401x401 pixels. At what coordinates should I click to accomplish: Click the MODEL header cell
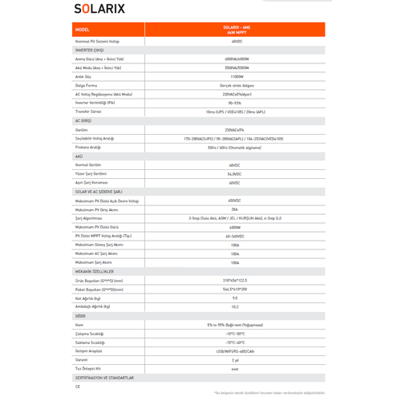point(83,29)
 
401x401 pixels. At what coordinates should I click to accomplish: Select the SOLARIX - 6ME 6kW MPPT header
point(234,29)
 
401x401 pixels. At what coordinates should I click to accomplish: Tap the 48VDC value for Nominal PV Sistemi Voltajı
point(234,41)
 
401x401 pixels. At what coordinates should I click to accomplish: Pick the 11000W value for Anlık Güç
point(234,76)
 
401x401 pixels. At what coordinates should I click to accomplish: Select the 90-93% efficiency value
point(234,103)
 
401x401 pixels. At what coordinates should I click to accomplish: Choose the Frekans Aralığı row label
point(87,147)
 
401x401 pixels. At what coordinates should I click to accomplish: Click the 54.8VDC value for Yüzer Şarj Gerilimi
point(234,173)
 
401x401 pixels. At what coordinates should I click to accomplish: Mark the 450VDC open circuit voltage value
point(234,200)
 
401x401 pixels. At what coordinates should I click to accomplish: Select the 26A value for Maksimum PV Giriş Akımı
point(234,209)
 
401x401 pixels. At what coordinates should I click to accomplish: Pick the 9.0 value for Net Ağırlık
point(234,298)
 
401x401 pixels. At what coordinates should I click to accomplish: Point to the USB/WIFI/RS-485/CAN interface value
point(234,350)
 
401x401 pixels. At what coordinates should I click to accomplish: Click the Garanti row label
point(81,359)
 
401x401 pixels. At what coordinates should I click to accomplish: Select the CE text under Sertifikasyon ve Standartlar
point(78,386)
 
